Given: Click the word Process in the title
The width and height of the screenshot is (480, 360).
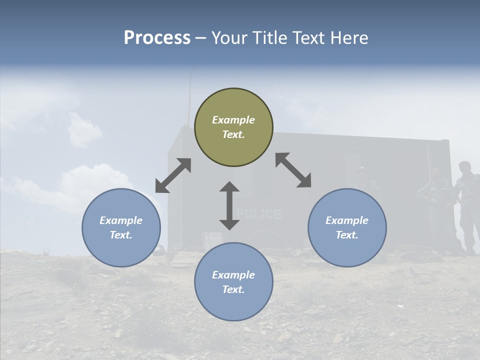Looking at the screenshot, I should click(x=157, y=38).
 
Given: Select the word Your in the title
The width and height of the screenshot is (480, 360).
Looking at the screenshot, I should click(x=228, y=38).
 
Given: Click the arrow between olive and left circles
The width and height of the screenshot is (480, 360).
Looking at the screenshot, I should click(x=173, y=175).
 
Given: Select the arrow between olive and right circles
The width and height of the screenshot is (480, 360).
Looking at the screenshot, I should click(x=293, y=170).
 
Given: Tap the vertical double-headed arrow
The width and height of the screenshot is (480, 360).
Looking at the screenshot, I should click(x=229, y=205).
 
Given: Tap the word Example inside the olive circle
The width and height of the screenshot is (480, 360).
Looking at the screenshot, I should click(x=233, y=120).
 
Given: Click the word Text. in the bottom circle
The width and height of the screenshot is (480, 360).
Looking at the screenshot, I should click(x=233, y=289).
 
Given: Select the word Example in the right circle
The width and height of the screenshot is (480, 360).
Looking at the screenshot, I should click(x=347, y=220).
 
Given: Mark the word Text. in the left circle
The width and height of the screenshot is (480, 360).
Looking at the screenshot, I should click(x=121, y=235).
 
